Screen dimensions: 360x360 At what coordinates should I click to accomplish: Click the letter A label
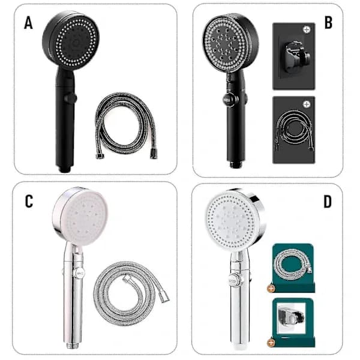28,23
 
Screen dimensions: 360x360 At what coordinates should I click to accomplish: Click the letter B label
328,23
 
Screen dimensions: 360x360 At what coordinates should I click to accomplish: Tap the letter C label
29,202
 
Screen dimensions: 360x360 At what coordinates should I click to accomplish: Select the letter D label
328,202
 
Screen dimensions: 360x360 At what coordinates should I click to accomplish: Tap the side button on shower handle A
71,98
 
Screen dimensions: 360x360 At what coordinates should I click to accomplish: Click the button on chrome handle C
80,274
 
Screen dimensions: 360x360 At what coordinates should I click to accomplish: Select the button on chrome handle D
235,280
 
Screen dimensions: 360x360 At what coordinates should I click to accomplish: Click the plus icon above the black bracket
307,29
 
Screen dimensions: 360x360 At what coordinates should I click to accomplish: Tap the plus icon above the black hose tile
307,104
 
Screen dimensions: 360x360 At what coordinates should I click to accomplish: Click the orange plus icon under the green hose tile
271,289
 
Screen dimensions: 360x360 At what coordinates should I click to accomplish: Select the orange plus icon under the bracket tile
271,343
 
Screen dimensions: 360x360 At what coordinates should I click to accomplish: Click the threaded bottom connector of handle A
65,169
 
